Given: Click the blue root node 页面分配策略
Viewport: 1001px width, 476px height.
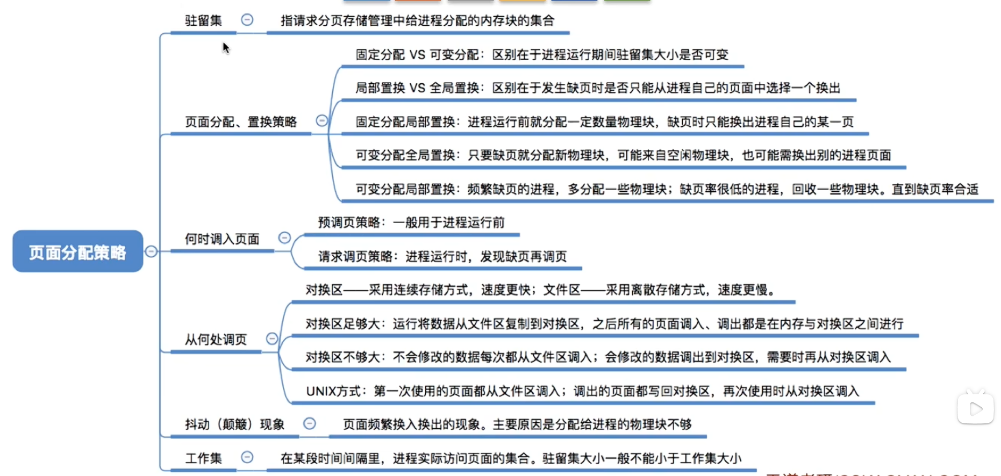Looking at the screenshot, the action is (78, 251).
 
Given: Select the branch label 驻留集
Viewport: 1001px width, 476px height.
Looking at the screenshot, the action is (203, 20).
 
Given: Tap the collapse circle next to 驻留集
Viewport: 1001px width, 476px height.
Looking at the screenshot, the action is (247, 20).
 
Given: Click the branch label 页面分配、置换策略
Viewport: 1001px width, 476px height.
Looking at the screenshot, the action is (241, 122).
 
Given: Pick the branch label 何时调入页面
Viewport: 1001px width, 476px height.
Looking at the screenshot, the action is (222, 239).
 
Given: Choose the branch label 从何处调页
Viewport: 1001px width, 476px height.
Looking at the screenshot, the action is (216, 340).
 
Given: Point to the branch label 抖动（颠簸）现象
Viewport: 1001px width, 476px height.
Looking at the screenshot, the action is (234, 424).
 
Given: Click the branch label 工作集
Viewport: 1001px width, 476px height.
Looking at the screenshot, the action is (203, 458).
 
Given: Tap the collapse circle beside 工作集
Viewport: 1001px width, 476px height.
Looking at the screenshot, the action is (247, 457).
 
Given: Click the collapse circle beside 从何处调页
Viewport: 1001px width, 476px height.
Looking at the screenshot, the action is (272, 338).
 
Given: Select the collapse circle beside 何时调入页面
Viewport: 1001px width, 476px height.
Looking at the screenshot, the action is (284, 237).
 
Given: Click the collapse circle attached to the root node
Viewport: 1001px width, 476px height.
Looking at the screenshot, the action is (151, 251).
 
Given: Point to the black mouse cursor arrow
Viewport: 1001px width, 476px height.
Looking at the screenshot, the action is (226, 48).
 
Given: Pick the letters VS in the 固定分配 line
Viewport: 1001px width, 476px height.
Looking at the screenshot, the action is (417, 55).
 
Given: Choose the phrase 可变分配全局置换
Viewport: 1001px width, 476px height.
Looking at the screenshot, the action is (405, 155).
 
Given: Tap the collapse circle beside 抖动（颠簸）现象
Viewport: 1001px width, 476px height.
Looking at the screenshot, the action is (310, 423).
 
